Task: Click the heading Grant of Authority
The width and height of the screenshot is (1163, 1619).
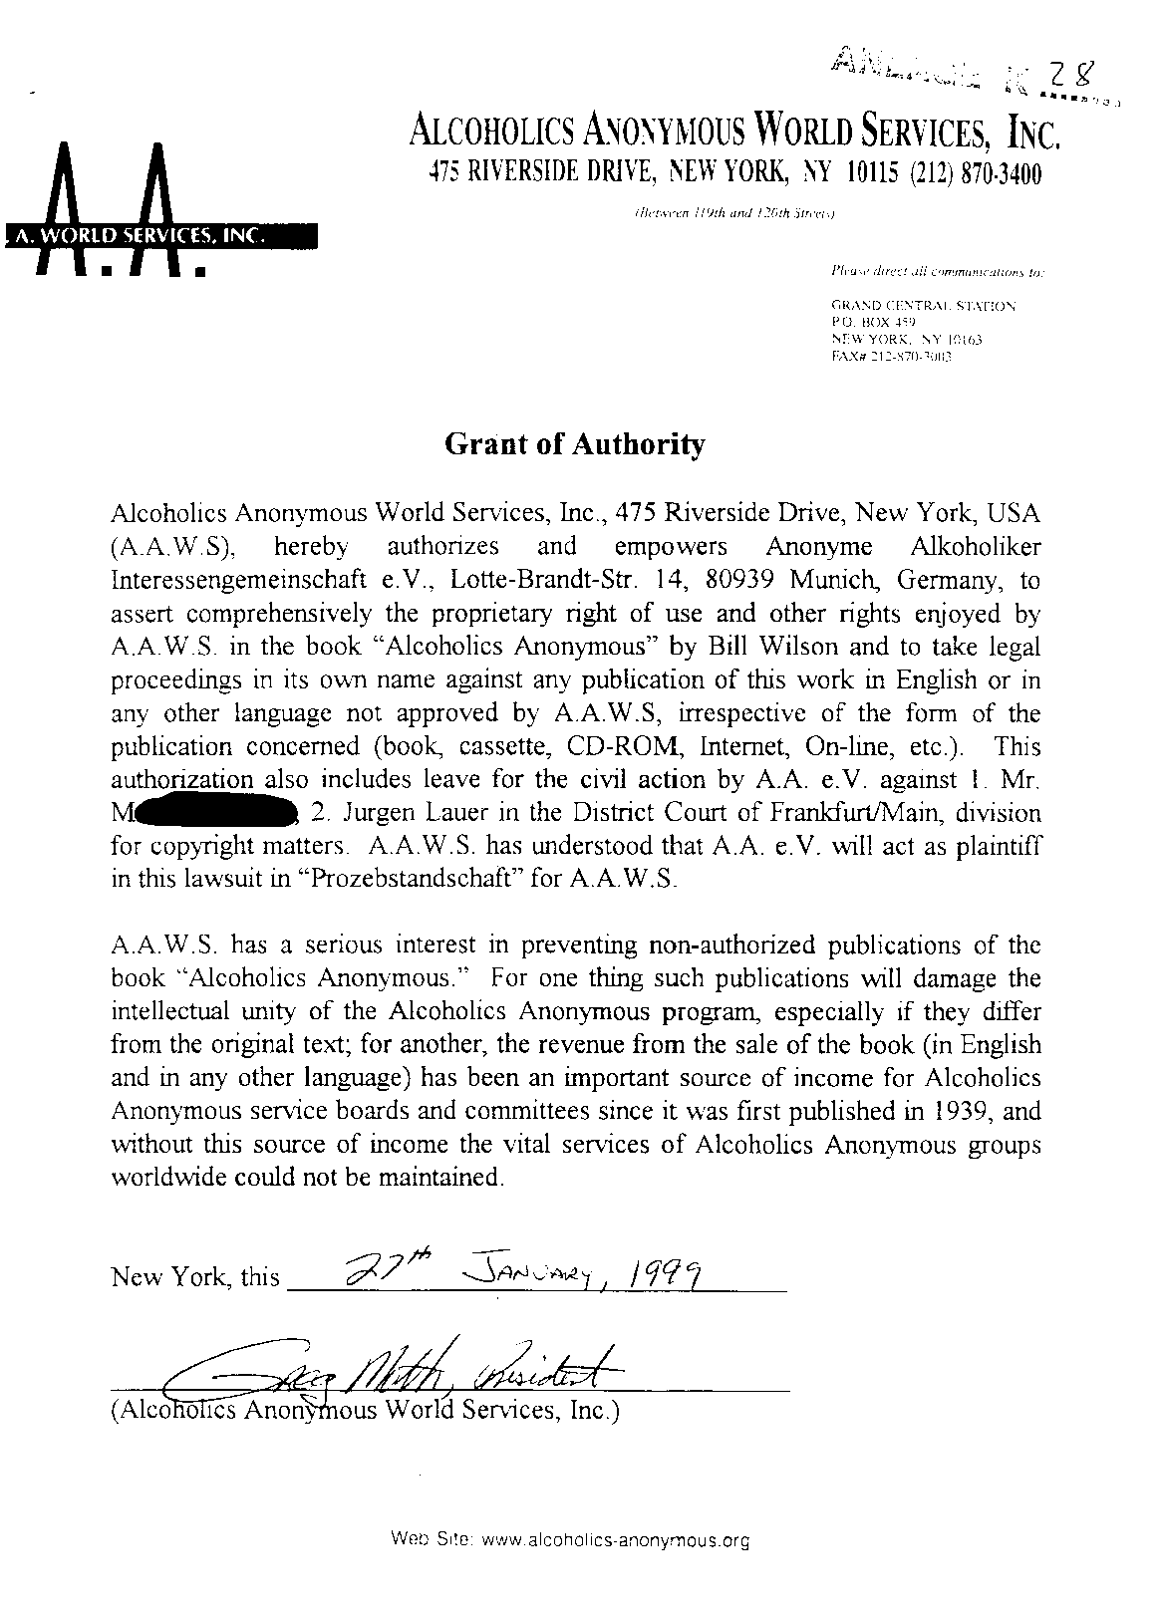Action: tap(574, 444)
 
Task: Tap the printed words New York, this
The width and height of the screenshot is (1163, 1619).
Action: tap(195, 1277)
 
